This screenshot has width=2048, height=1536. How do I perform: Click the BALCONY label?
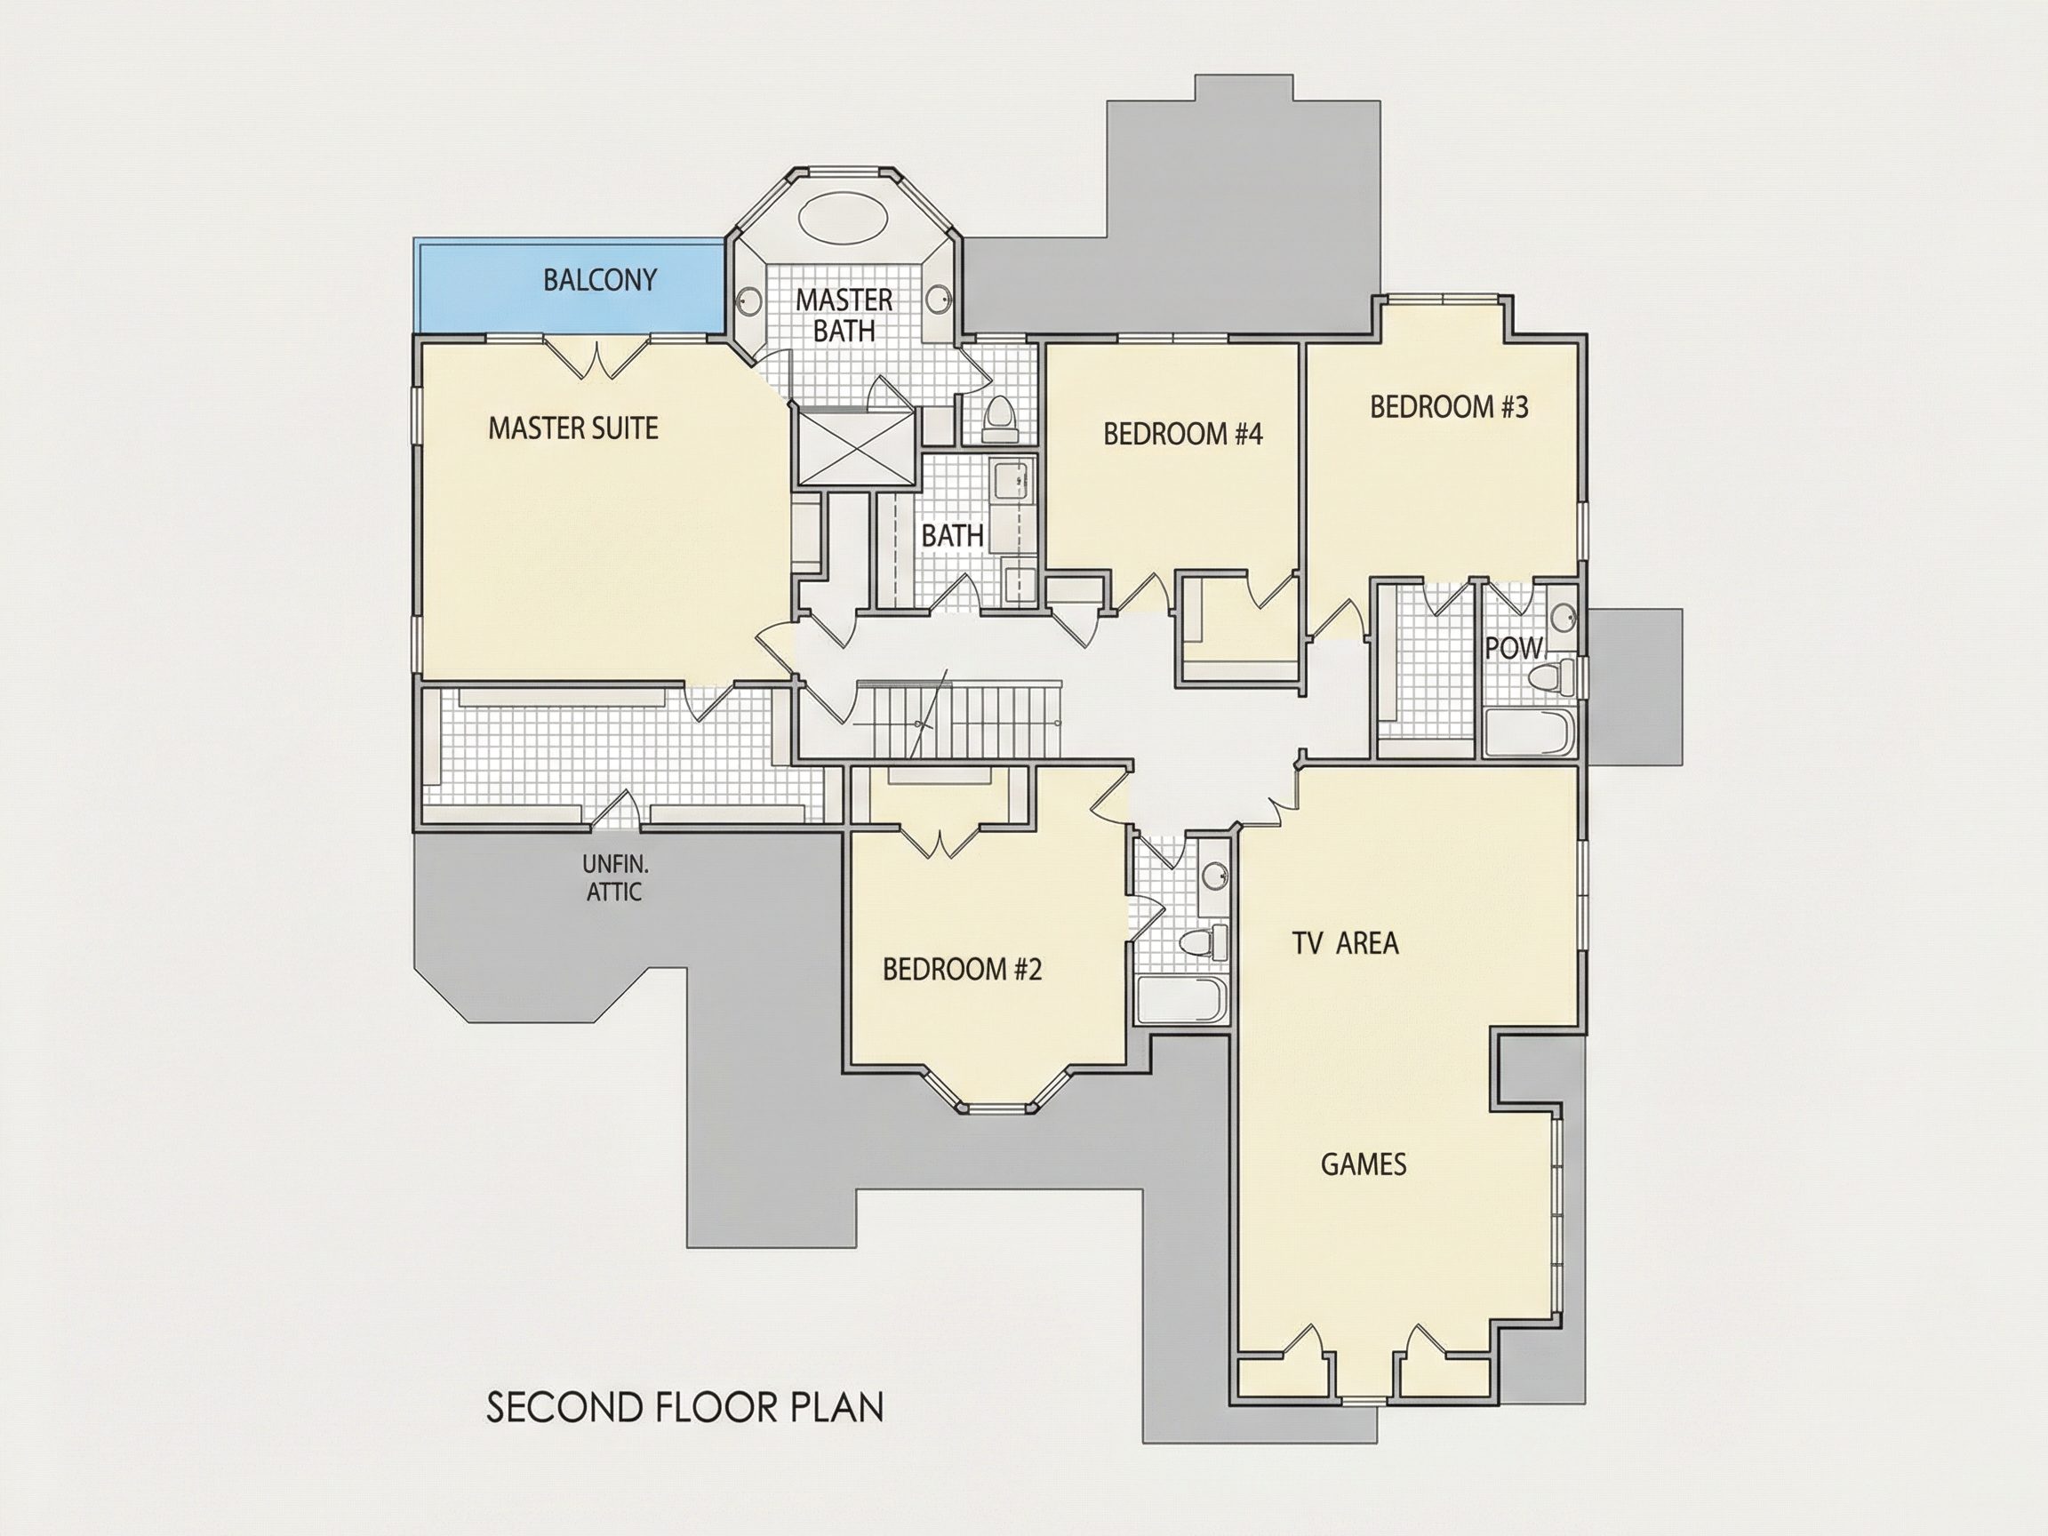tap(600, 280)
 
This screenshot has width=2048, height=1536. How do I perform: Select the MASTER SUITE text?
tap(573, 428)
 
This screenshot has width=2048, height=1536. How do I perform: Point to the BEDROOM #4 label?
tap(1182, 435)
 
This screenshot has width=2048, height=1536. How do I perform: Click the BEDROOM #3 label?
tap(1449, 406)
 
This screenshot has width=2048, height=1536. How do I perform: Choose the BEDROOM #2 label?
tap(962, 970)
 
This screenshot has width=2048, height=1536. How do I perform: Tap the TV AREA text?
tap(1345, 943)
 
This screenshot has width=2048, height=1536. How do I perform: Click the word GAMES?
tap(1364, 1164)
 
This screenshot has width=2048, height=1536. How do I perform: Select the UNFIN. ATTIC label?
tap(615, 877)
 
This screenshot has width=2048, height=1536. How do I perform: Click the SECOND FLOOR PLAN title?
tap(685, 1406)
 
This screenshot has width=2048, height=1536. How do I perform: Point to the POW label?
tap(1513, 648)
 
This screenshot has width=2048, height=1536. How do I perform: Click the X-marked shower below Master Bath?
tap(855, 449)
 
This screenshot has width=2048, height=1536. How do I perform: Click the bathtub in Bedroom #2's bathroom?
tap(1182, 1000)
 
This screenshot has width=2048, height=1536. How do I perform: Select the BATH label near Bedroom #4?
tap(952, 535)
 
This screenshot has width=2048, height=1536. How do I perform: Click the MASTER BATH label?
tap(844, 315)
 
